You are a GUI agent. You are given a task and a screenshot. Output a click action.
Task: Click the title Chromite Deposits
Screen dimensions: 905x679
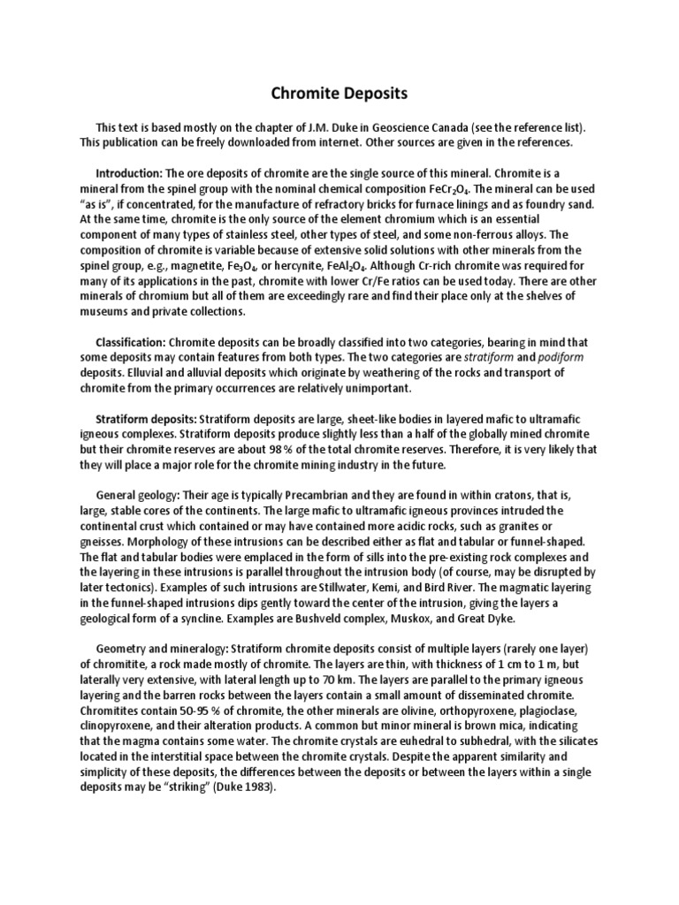point(339,93)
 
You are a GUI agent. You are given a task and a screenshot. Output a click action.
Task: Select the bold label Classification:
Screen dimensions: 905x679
point(130,341)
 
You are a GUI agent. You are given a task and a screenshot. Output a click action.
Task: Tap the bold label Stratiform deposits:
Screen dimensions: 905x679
point(146,418)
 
